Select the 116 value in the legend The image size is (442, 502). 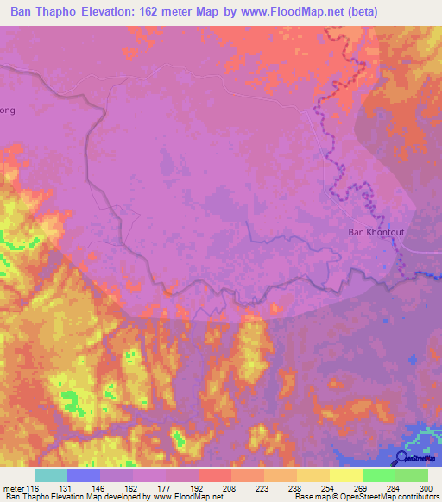35,488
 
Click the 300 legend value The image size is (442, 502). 427,488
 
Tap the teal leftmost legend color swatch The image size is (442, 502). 51,475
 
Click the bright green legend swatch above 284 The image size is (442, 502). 378,475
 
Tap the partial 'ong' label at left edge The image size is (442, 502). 7,110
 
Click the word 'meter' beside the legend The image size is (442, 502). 14,488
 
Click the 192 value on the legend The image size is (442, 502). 199,488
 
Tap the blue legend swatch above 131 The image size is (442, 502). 84,475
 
